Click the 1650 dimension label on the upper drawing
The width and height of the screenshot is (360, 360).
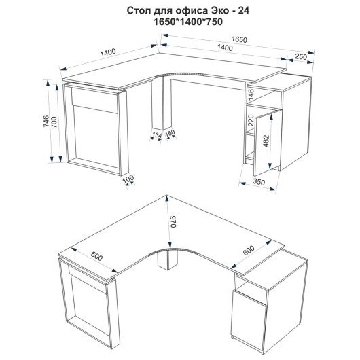239,39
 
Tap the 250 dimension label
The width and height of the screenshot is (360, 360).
301,56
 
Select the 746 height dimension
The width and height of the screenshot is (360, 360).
46,121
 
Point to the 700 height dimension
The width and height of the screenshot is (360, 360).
54,122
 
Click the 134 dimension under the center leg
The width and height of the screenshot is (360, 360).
157,135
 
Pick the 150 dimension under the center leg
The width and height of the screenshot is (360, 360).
170,133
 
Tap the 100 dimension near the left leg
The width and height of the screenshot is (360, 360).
128,179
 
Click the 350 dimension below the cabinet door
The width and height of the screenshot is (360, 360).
259,182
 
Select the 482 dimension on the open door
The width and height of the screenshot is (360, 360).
266,141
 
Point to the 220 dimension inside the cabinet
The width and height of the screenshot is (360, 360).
251,120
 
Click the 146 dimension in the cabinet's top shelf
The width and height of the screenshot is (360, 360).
251,94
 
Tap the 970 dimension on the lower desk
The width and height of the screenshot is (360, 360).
173,222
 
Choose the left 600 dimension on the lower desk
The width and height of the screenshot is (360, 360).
96,257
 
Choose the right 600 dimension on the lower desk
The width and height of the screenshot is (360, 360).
249,251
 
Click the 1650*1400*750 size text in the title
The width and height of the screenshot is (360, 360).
188,22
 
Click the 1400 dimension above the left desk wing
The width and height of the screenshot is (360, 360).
108,52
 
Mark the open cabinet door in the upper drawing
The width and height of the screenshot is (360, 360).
268,143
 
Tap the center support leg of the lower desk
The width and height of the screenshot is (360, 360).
168,260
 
